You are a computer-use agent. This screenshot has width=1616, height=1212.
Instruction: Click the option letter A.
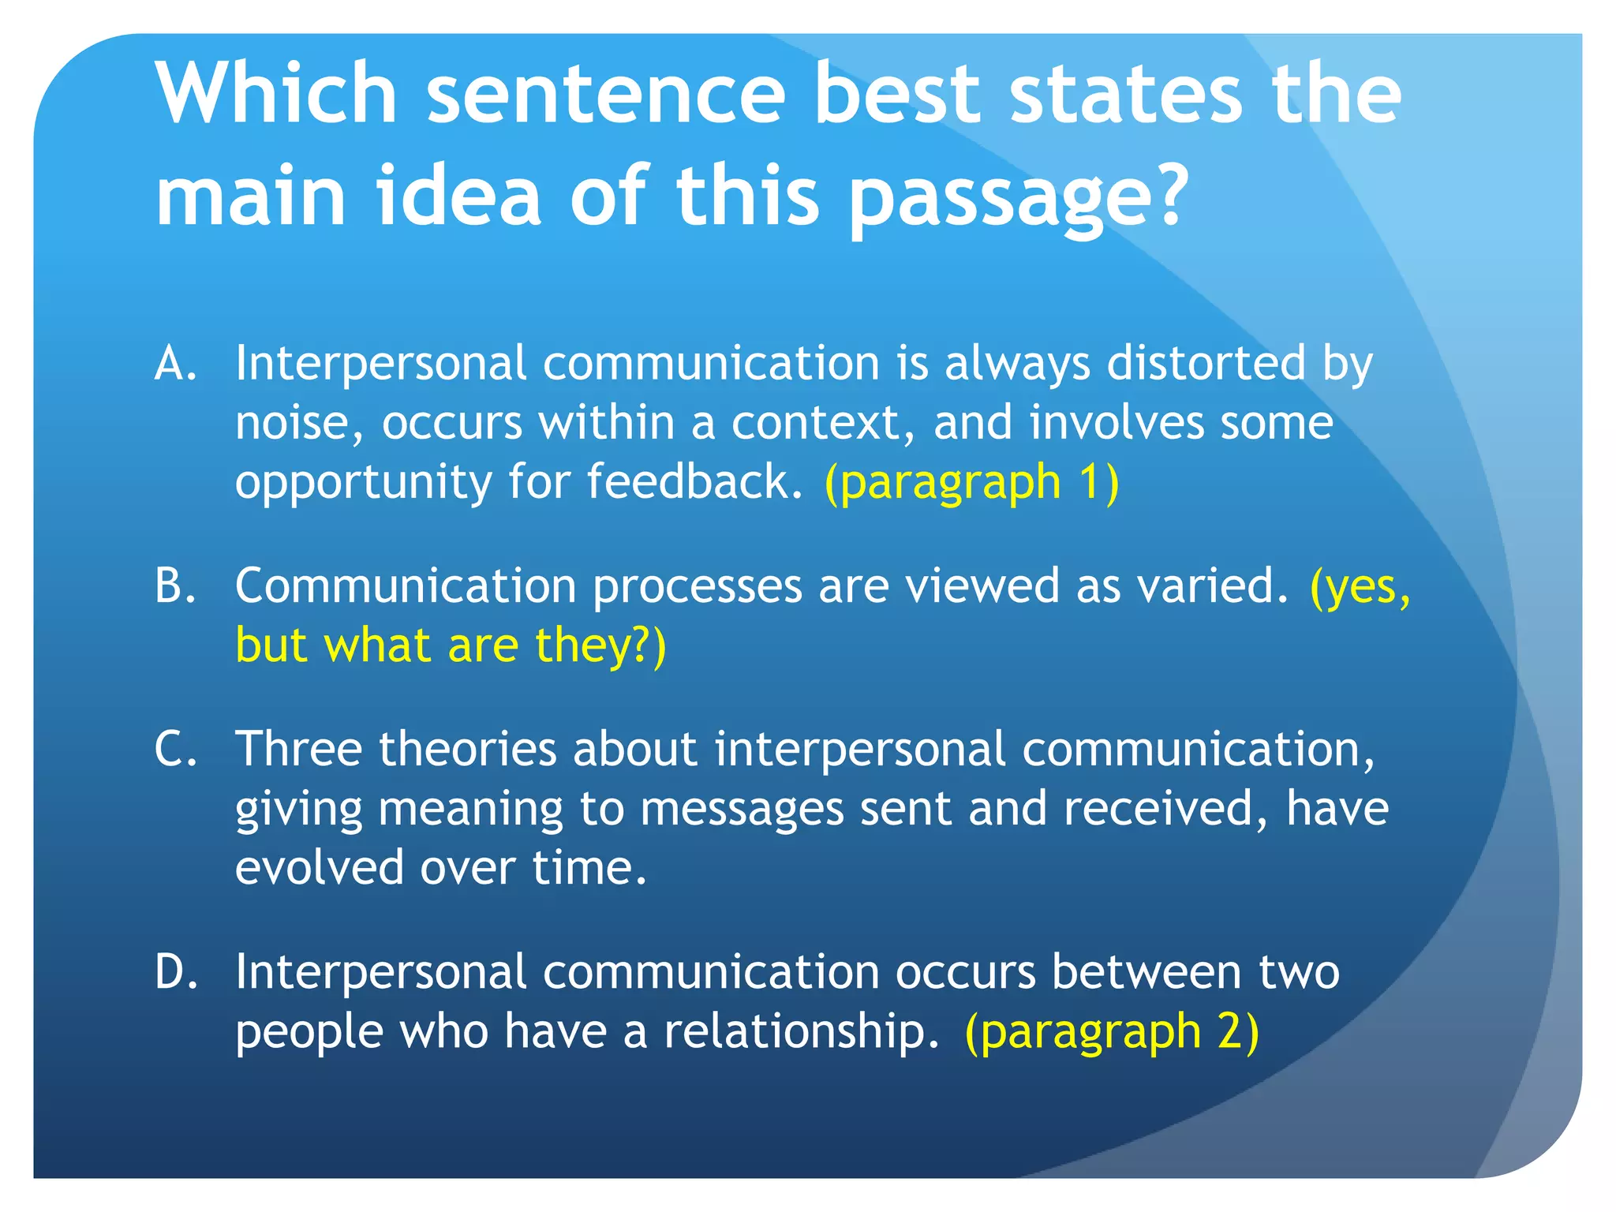pos(175,364)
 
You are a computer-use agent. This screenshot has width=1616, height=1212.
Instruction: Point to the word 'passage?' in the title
pos(1018,197)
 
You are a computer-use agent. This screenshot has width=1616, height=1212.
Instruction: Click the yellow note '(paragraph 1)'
pos(971,482)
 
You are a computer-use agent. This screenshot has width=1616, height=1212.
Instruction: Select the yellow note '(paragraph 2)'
pos(1112,1031)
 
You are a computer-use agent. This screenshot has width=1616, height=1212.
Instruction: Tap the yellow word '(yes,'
pos(1360,586)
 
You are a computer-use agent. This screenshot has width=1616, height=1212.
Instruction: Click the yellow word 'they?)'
pos(600,645)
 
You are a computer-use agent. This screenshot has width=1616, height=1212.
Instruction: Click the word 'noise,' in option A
pos(300,423)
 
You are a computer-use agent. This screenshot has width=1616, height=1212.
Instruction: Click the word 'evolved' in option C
pos(319,868)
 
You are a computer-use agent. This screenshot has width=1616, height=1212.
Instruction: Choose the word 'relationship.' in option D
pos(801,1031)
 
